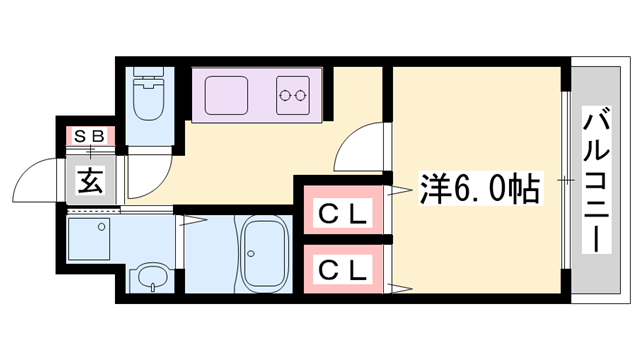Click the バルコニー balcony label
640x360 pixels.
click(x=598, y=183)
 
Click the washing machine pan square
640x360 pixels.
click(x=93, y=239)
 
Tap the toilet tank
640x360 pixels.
click(x=152, y=76)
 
